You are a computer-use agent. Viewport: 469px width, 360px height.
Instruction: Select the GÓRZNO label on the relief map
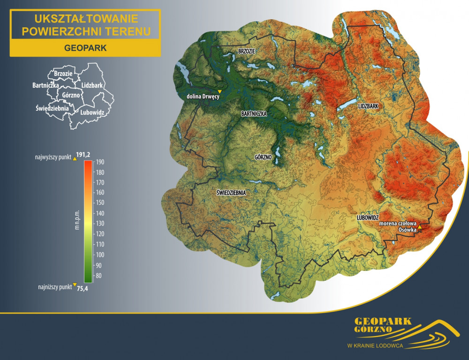(263, 157)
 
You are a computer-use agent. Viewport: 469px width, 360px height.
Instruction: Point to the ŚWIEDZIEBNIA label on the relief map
(231, 192)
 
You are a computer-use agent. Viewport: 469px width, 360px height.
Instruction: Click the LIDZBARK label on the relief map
(368, 106)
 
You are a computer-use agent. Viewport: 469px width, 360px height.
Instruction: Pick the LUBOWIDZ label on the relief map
(367, 218)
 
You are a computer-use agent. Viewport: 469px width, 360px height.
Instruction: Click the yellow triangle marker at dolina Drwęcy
(219, 91)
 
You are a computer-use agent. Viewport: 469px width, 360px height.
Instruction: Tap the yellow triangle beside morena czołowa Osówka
(420, 227)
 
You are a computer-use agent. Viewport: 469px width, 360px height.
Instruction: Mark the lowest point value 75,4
(82, 288)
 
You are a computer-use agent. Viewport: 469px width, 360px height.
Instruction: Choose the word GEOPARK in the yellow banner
(85, 48)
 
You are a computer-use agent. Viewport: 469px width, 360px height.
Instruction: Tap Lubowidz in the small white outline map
(92, 112)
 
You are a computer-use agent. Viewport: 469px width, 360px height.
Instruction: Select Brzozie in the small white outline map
(63, 74)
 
